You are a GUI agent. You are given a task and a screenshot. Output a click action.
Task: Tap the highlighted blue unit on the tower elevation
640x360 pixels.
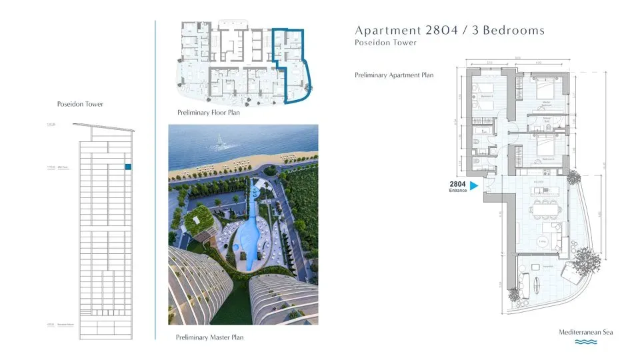[129, 167]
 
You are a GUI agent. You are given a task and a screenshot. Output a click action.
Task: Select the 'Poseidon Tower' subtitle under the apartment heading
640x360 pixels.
[386, 43]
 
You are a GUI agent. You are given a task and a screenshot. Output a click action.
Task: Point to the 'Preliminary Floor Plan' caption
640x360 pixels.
[209, 113]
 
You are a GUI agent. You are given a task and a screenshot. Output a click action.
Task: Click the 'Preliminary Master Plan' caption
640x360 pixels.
[210, 337]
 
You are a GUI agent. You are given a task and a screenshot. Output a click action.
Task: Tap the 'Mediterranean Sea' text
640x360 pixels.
[586, 332]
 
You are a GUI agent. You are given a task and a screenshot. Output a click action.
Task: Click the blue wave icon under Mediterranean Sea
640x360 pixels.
[586, 343]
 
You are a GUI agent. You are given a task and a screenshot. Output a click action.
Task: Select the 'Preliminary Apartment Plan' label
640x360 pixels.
[394, 75]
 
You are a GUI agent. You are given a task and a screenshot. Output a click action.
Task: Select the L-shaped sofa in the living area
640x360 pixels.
[557, 237]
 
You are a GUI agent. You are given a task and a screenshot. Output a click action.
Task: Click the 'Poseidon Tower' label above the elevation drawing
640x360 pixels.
[81, 104]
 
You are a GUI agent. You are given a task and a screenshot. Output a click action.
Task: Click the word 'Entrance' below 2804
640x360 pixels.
[458, 191]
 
